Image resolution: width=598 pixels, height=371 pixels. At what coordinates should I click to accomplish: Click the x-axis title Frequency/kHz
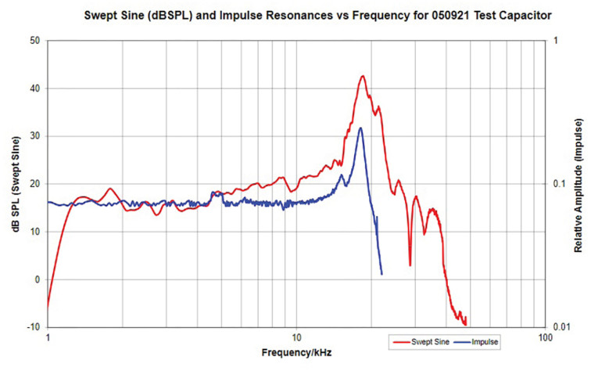point(296,353)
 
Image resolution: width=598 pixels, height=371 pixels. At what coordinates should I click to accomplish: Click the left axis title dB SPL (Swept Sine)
point(15,182)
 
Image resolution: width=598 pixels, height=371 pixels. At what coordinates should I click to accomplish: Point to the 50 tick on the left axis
point(34,40)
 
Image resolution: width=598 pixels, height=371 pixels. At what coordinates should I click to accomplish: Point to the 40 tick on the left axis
point(34,88)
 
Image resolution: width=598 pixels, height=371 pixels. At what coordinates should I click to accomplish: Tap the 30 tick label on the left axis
point(34,135)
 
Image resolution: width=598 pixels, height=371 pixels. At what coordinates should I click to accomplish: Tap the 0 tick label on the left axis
point(37,279)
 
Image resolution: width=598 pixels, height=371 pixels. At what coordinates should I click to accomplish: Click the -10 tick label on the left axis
point(33,327)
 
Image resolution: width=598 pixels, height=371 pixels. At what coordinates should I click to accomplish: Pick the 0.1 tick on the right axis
point(558,183)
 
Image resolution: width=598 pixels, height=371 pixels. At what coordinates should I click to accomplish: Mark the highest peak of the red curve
point(363,76)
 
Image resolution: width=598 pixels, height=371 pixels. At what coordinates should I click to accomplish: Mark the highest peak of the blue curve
point(360,128)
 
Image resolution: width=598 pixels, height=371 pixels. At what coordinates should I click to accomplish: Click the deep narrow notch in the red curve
point(410,265)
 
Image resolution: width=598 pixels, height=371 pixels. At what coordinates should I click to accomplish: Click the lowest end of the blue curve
point(381,274)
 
